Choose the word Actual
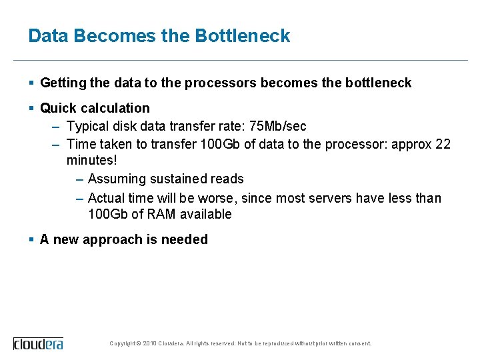click(107, 198)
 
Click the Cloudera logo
click(39, 343)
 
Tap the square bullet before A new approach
click(32, 239)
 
